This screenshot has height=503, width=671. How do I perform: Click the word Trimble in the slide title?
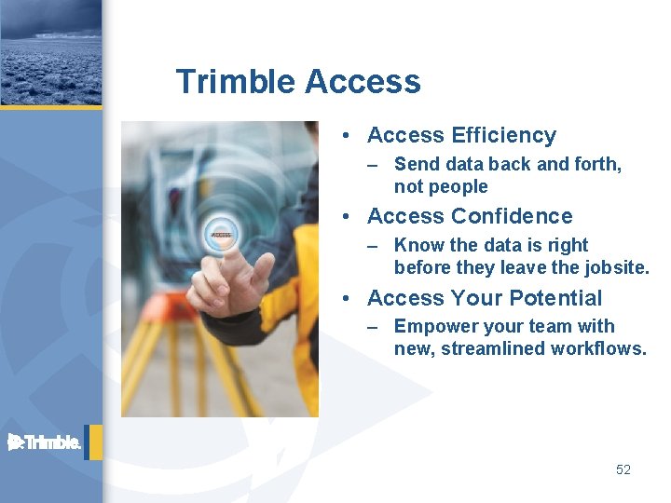coord(235,82)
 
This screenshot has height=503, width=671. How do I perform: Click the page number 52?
coord(623,469)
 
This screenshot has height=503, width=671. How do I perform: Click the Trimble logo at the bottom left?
coord(45,442)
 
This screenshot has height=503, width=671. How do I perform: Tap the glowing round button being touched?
coord(221,234)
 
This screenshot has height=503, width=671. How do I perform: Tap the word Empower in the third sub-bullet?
coord(432,326)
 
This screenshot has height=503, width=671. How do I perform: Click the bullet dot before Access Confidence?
coord(347,217)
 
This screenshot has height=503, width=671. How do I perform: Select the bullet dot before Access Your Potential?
coord(347,298)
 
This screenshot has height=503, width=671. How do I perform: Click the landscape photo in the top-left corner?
coord(50,52)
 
